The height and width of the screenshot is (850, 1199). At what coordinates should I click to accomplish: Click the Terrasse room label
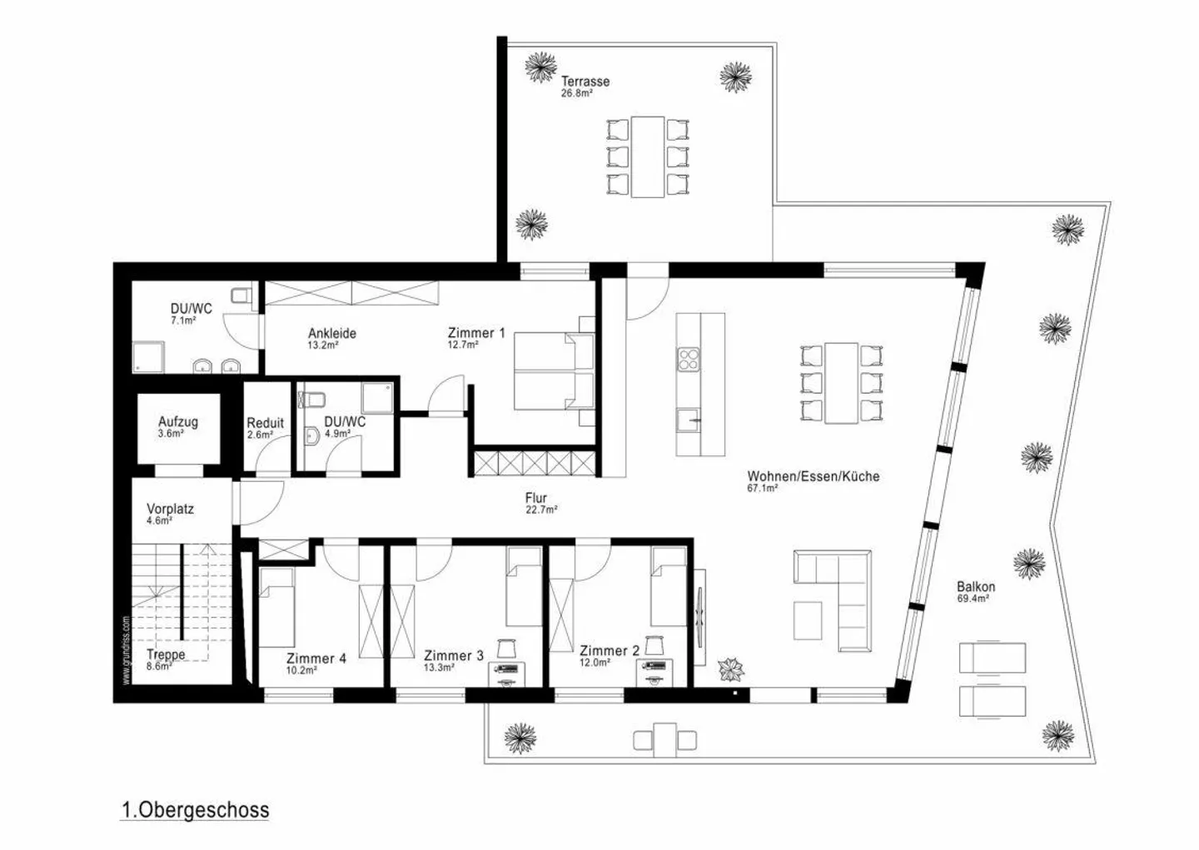[x=585, y=82]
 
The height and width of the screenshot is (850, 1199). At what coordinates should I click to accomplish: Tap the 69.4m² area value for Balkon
[x=973, y=599]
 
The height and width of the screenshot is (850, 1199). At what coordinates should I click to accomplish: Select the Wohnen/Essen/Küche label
[x=813, y=476]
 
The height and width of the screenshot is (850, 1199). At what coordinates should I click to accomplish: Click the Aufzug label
[x=178, y=422]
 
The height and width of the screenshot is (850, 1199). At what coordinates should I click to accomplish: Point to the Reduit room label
[x=265, y=423]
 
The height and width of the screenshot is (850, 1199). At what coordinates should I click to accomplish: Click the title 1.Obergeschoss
[x=196, y=810]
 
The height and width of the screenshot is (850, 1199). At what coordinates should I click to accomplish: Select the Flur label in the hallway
[x=535, y=498]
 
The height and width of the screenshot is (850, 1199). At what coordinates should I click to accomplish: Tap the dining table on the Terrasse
[x=648, y=157]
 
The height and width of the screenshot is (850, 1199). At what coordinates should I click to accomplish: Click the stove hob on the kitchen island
[x=689, y=360]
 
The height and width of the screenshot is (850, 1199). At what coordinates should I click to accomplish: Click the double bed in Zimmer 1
[x=551, y=370]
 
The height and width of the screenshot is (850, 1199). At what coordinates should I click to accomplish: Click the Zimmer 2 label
[x=609, y=650]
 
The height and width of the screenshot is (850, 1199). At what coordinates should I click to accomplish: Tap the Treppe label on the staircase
[x=166, y=654]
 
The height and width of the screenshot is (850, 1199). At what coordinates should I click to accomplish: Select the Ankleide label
[x=332, y=333]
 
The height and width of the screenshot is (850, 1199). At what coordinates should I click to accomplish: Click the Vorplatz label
[x=170, y=509]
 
